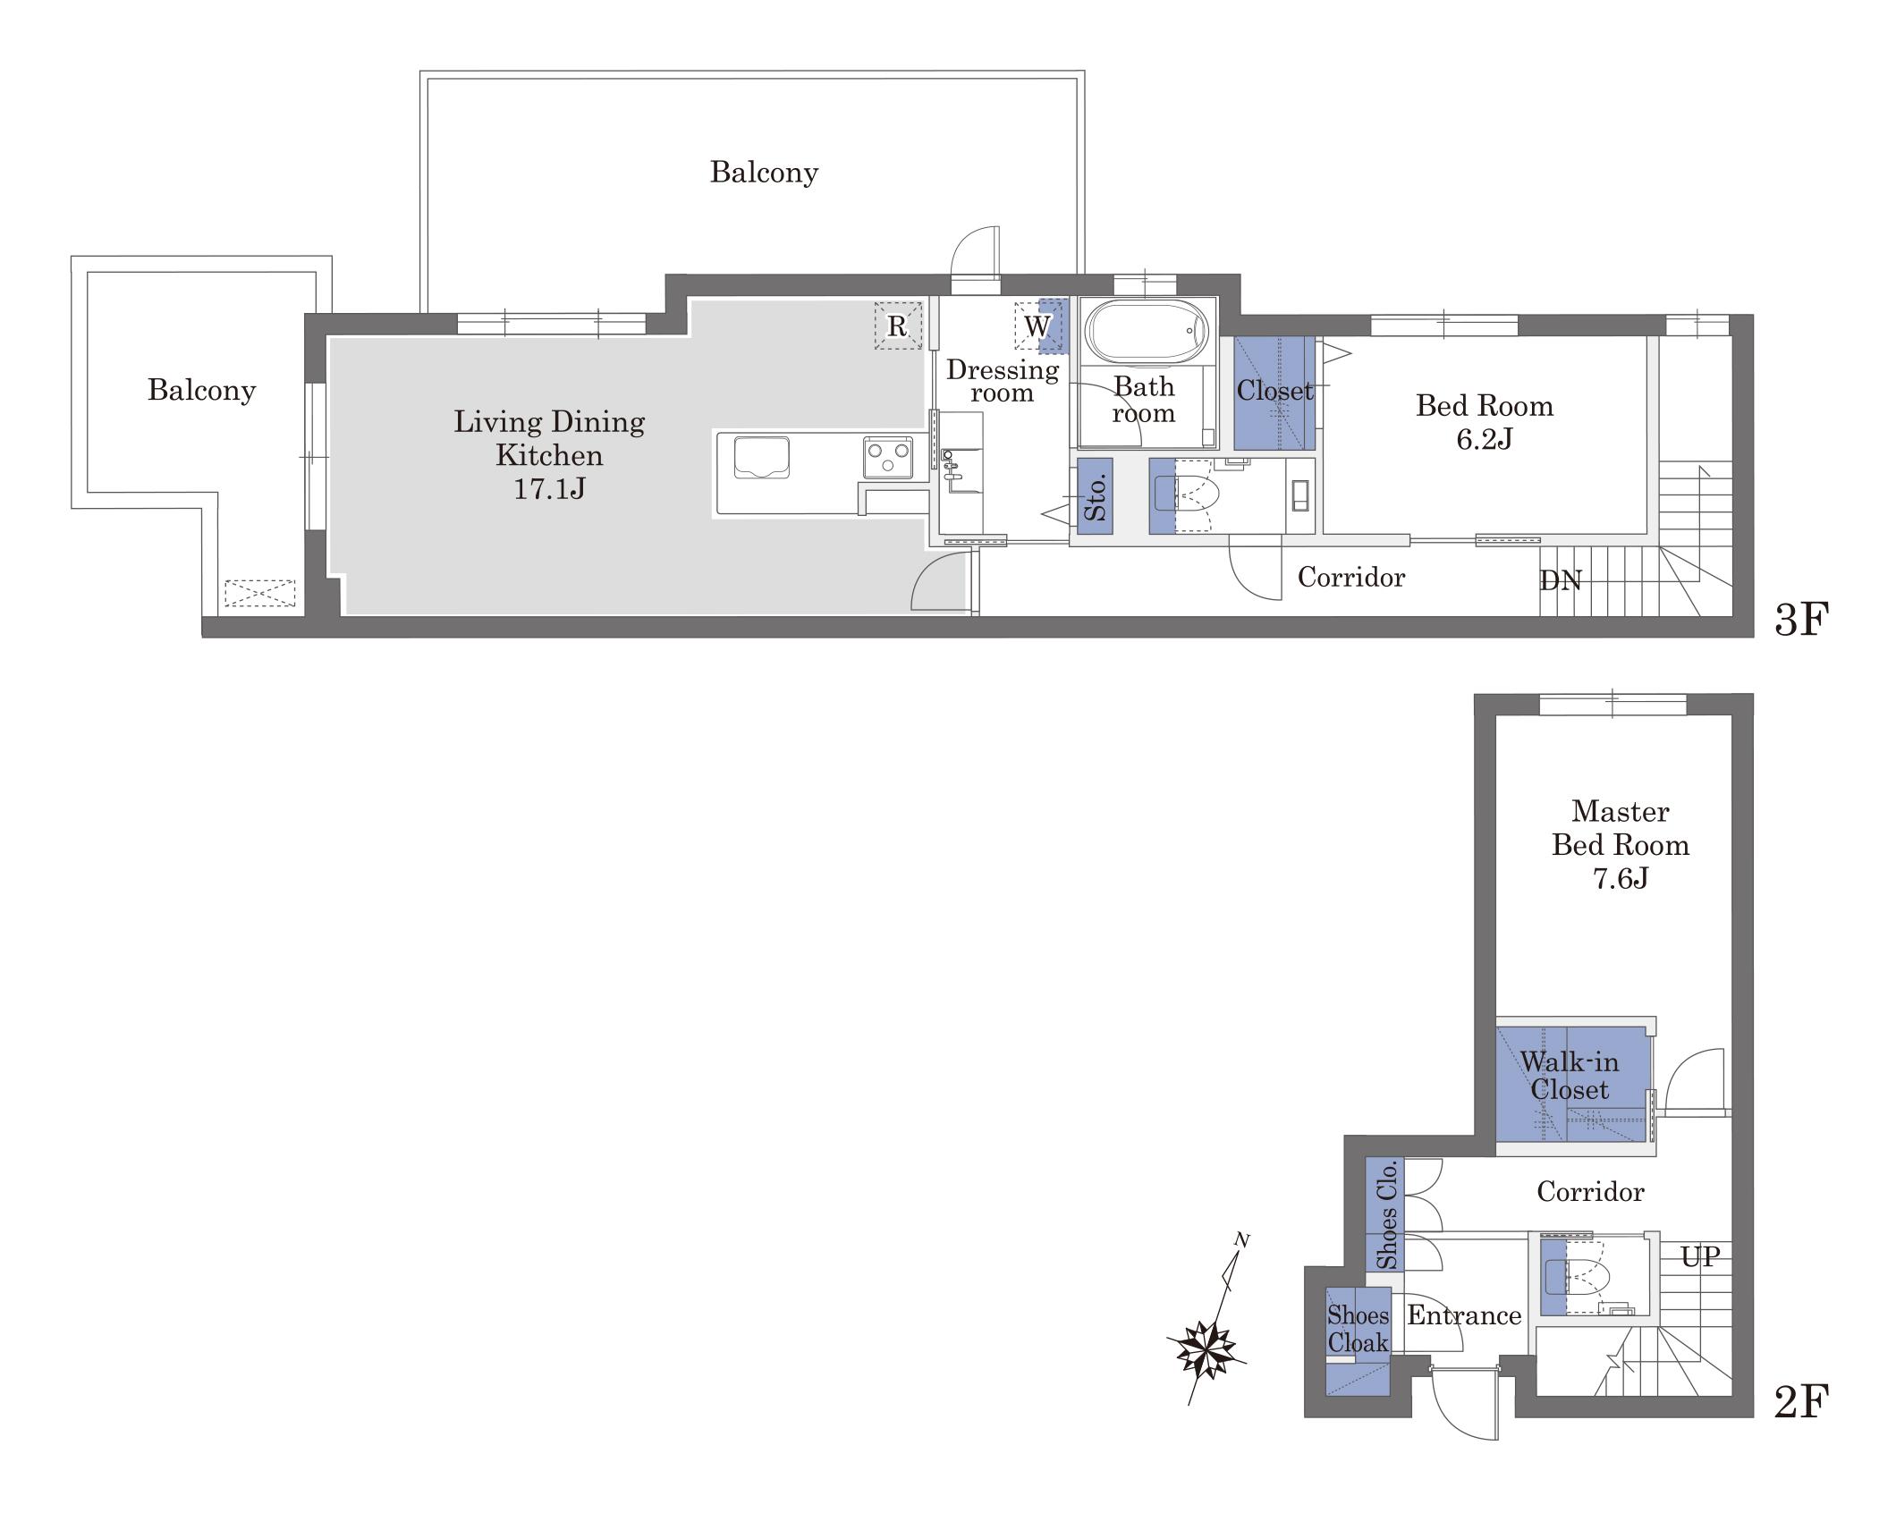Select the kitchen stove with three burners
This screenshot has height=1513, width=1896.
point(888,457)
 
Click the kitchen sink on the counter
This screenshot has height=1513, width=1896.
point(761,458)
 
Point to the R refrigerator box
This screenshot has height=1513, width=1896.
point(898,325)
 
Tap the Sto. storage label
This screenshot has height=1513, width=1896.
point(1095,496)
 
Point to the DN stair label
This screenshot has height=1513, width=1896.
point(1561,581)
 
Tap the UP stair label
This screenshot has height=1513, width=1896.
point(1700,1256)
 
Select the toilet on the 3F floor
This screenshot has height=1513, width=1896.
point(1189,494)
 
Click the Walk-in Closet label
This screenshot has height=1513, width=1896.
point(1570,1076)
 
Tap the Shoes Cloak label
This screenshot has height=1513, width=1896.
point(1358,1329)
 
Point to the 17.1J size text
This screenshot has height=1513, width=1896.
point(549,489)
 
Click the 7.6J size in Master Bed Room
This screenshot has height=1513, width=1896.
point(1621,878)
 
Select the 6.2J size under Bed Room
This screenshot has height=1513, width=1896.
point(1485,439)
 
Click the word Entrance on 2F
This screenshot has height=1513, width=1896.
point(1464,1315)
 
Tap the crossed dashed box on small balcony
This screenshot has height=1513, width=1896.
point(259,593)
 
